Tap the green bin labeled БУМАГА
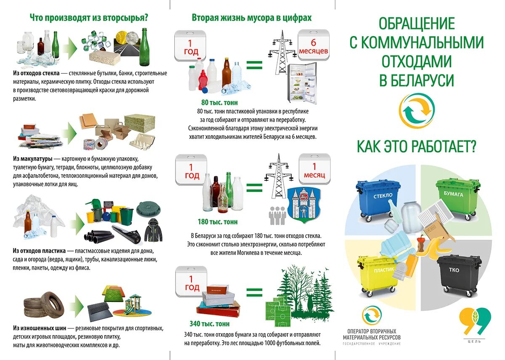(x=456, y=198)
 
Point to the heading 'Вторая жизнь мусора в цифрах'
(x=252, y=18)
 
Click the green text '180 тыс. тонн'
(x=218, y=222)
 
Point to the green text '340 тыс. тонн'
(x=210, y=324)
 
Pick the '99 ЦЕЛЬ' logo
(x=474, y=324)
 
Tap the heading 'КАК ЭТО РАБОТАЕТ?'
(x=416, y=147)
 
